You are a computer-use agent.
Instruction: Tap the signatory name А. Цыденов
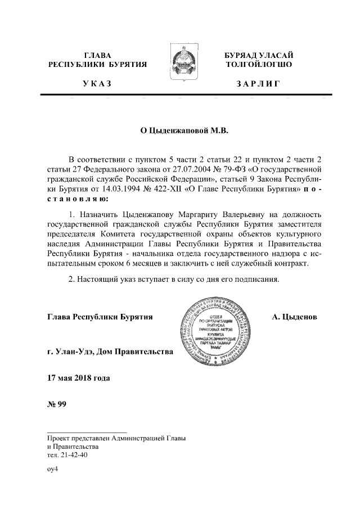pyautogui.click(x=294, y=317)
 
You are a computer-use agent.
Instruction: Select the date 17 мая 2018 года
pyautogui.click(x=79, y=377)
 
